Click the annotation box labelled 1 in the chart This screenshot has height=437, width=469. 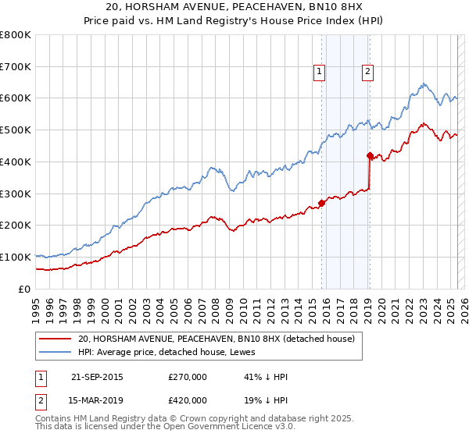[x=320, y=73]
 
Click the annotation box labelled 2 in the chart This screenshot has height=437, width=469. [x=367, y=73]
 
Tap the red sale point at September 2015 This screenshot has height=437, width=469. [x=321, y=203]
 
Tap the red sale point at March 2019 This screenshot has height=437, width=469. [x=370, y=155]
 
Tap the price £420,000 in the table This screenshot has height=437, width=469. [x=188, y=400]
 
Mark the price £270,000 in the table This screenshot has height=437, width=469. [x=188, y=377]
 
